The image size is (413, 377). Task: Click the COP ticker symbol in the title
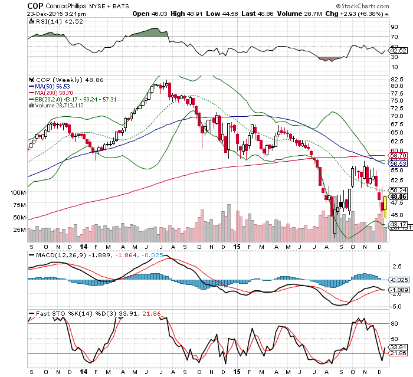pos(35,5)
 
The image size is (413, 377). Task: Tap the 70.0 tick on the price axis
pos(396,116)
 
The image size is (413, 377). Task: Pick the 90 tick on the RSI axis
pos(394,27)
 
